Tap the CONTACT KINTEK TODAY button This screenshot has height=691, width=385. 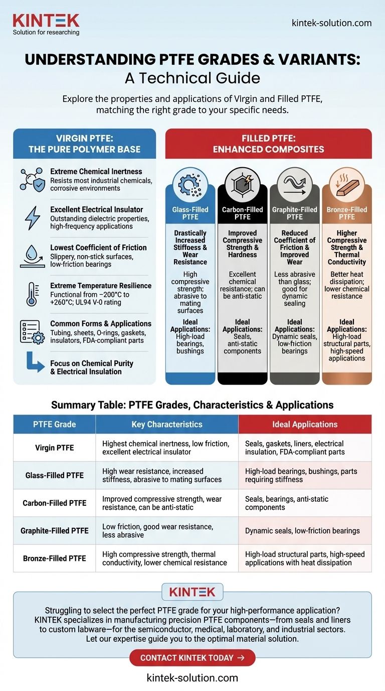192,657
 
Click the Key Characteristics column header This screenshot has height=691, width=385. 167,424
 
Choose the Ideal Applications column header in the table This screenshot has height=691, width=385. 304,424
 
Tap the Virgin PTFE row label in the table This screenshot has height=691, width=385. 54,447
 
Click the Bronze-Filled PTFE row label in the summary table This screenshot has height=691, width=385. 54,558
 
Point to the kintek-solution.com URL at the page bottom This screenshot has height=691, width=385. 192,677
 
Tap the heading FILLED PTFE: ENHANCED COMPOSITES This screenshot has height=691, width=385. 268,144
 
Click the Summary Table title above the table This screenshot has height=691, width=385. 192,404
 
